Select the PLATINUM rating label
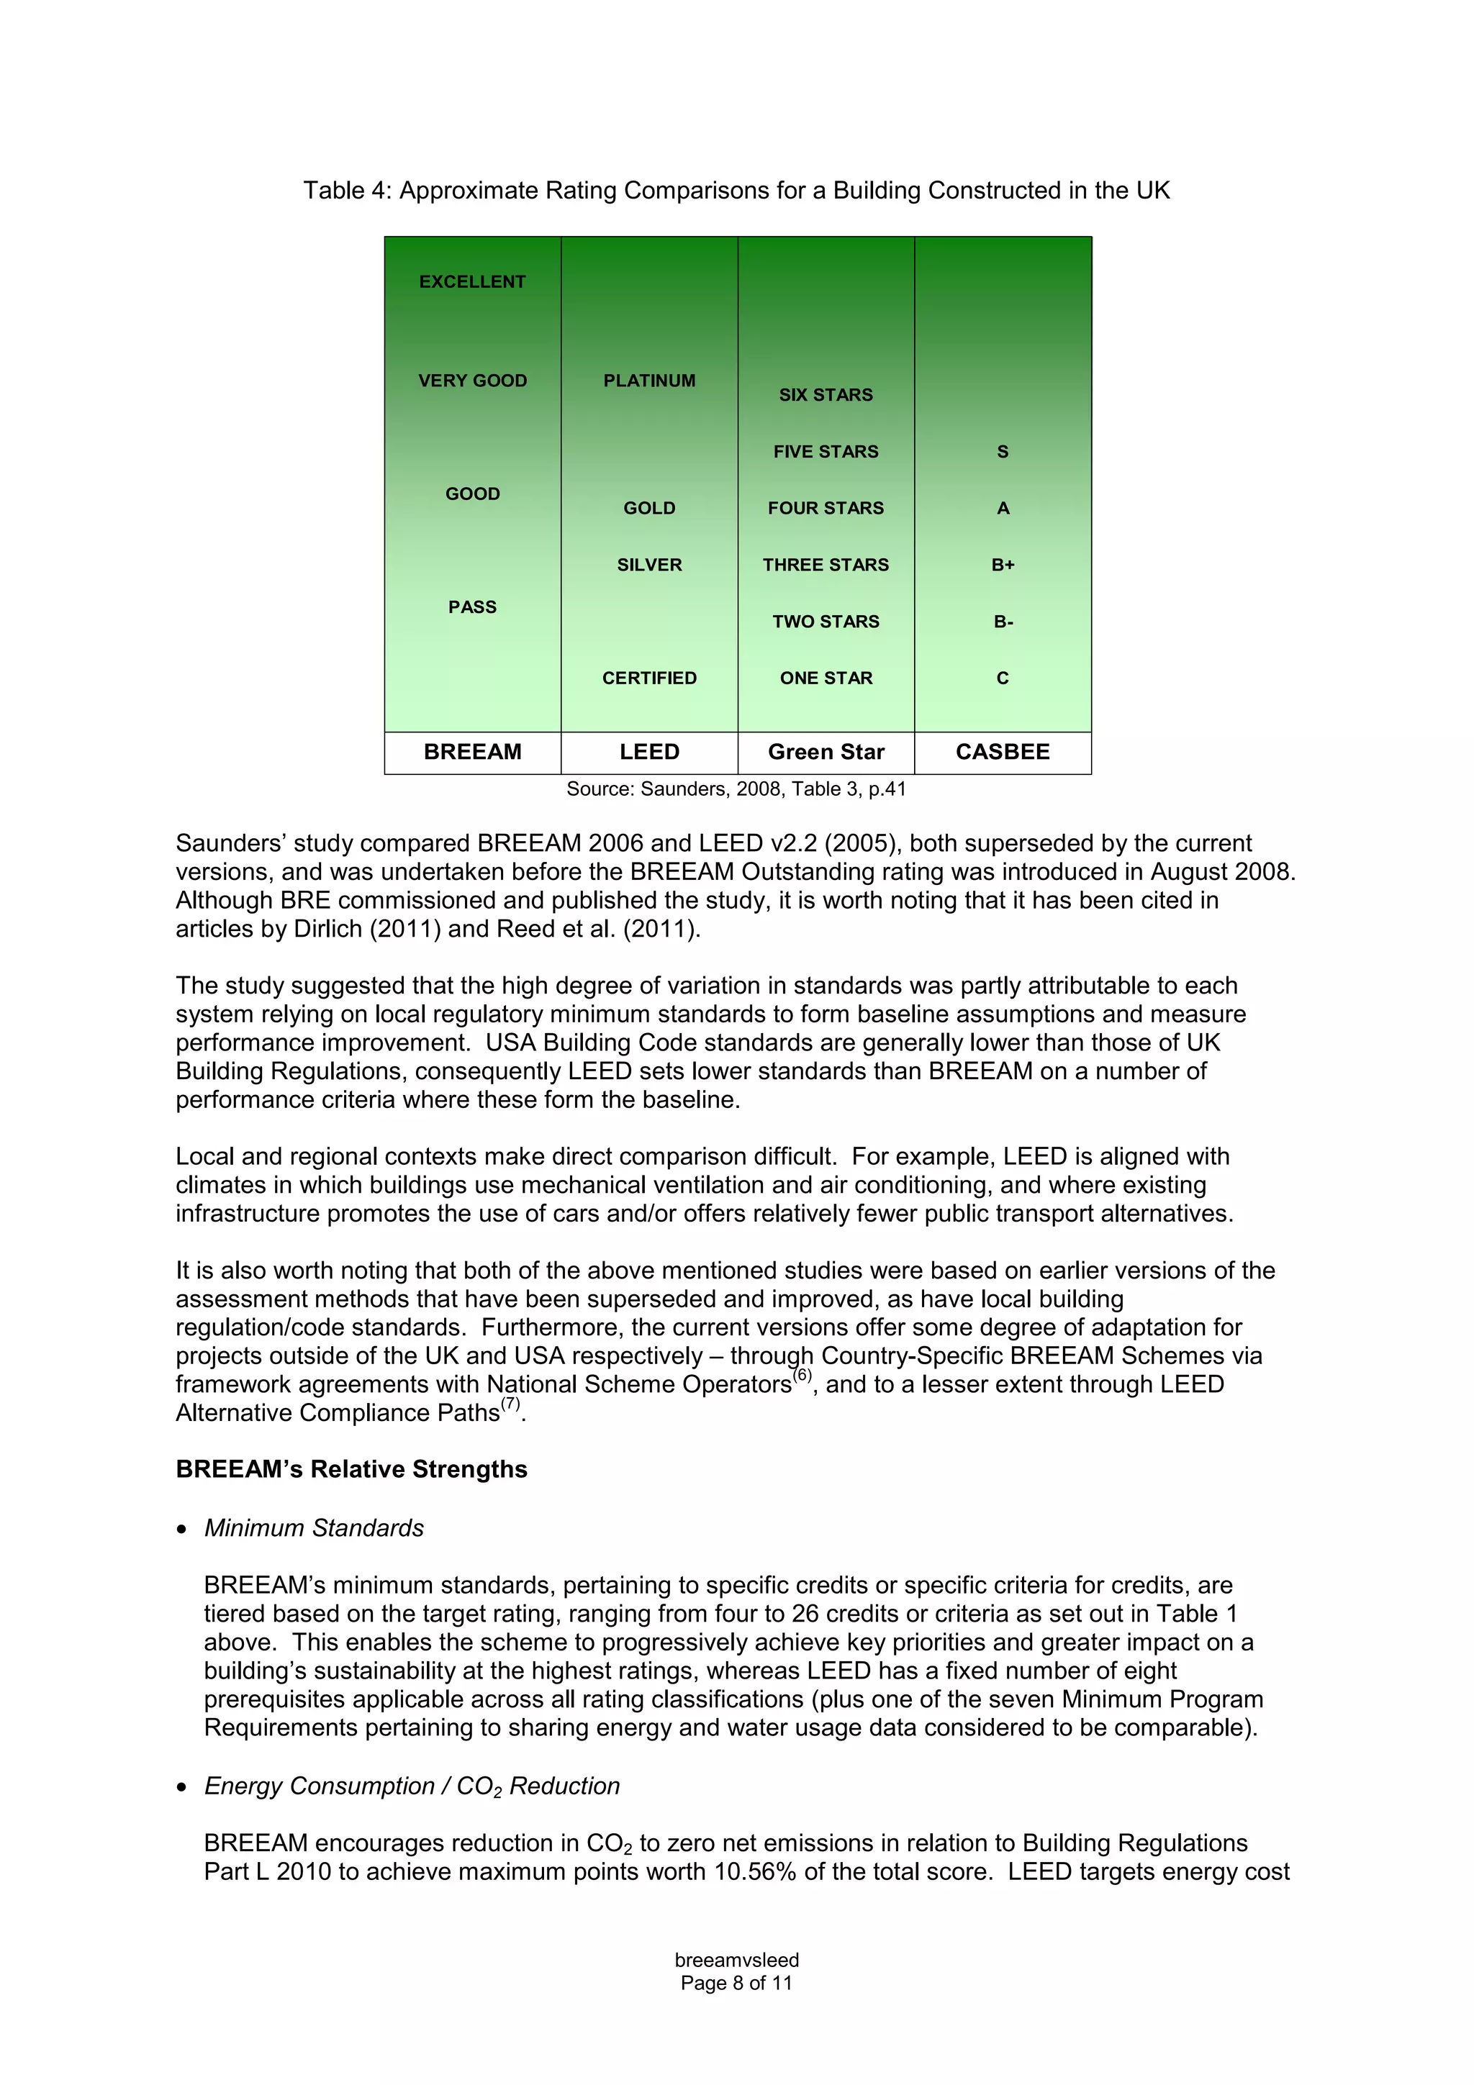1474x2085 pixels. tap(648, 381)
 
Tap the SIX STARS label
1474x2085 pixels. tap(826, 395)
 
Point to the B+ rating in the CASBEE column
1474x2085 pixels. tap(1003, 565)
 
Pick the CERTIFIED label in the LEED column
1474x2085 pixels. tap(648, 678)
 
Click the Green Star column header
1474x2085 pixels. tap(826, 752)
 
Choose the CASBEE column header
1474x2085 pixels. tap(1003, 752)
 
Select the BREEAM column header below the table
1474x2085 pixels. tap(472, 752)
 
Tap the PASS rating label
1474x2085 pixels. tap(472, 607)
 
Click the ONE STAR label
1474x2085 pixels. tap(826, 678)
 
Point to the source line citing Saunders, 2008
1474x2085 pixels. tap(736, 789)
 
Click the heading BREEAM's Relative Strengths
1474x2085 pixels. tap(351, 1469)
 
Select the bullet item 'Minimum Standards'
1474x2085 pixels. tap(313, 1528)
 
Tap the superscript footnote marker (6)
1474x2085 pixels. tap(802, 1376)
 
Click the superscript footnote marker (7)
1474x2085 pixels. tap(510, 1404)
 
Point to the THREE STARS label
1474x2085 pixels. tap(826, 565)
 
